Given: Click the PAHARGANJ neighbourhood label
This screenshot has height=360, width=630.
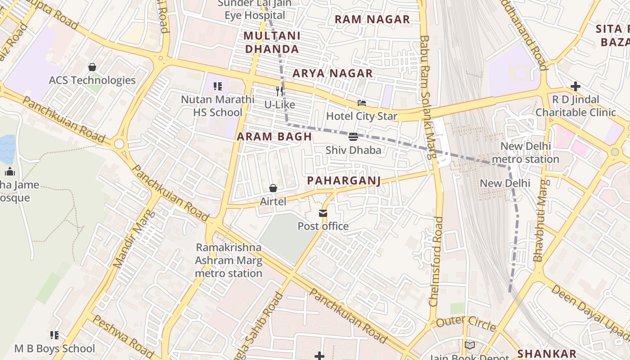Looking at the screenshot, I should click(x=344, y=180).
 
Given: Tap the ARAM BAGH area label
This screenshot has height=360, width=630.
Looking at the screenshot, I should click(x=274, y=137).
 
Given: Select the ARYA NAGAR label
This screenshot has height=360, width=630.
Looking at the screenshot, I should click(x=333, y=73).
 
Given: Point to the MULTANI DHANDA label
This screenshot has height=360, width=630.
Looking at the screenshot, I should click(x=272, y=42).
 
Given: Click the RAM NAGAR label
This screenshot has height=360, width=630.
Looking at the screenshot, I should click(x=372, y=19).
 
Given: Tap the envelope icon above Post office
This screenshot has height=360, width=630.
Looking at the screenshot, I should click(x=323, y=213).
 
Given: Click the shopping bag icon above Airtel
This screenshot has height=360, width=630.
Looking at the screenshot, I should click(x=273, y=188).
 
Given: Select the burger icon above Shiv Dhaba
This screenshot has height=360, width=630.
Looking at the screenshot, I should click(x=353, y=136).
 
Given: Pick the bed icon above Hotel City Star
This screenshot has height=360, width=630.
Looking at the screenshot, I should click(x=361, y=103).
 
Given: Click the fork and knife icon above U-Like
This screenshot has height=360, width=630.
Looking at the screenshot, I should click(x=279, y=91).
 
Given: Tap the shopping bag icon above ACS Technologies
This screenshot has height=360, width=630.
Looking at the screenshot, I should click(x=92, y=67).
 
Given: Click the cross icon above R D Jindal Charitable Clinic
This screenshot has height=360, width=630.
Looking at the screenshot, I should click(x=575, y=86).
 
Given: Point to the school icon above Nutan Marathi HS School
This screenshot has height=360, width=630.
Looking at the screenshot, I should click(x=218, y=86).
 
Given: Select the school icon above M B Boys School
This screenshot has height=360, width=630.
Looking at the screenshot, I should click(x=54, y=335).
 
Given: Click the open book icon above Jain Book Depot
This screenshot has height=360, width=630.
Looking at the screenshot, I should click(x=469, y=345).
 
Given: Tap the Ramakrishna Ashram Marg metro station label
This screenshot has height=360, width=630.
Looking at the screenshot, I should click(x=228, y=260).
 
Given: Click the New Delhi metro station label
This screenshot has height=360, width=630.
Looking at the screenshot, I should click(x=525, y=153).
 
